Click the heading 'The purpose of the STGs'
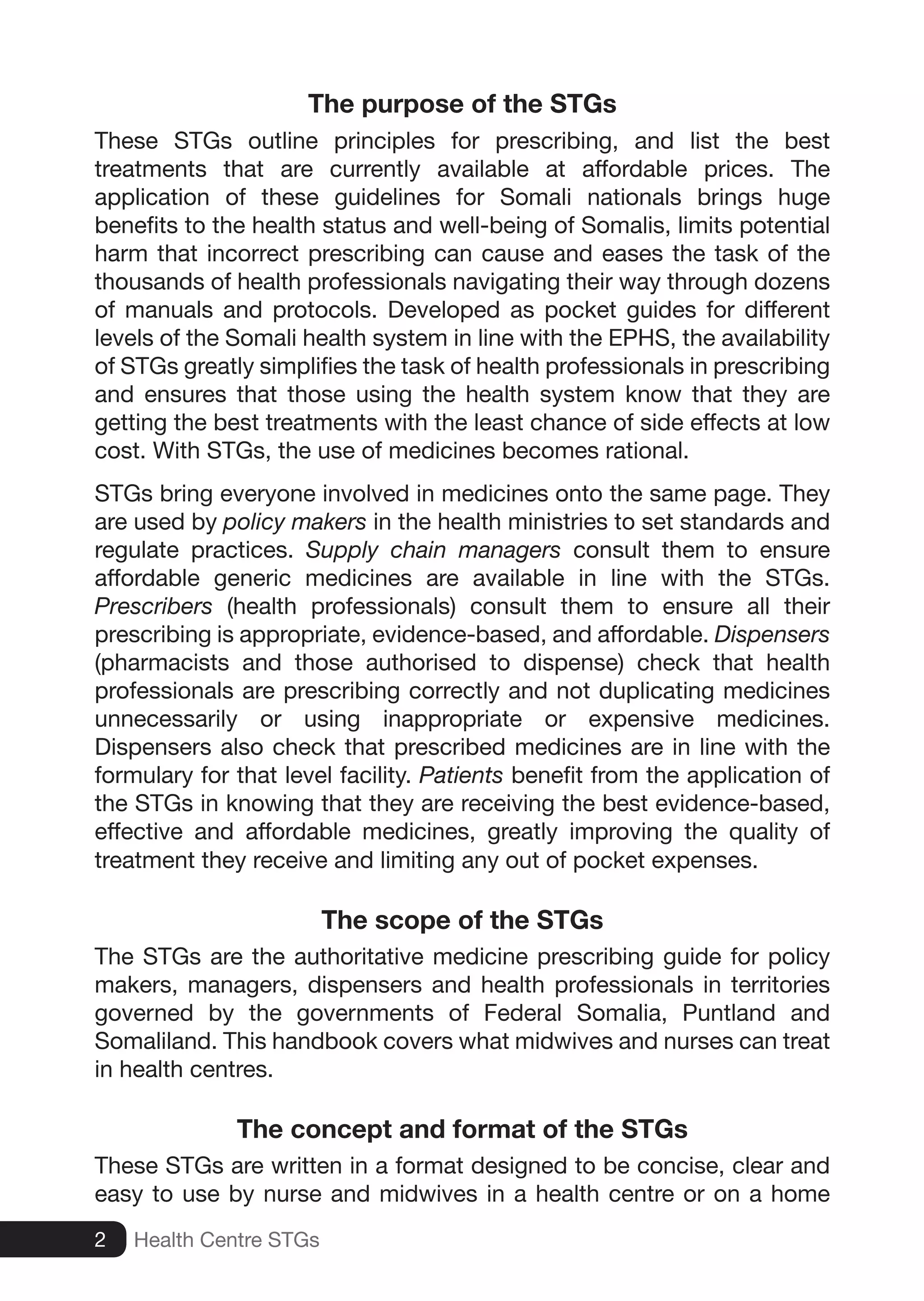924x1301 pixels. (x=462, y=104)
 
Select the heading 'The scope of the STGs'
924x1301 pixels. (x=462, y=920)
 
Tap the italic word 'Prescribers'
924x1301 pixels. (x=153, y=606)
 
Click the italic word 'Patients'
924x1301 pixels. (x=461, y=775)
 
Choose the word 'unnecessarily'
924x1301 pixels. (x=166, y=719)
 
